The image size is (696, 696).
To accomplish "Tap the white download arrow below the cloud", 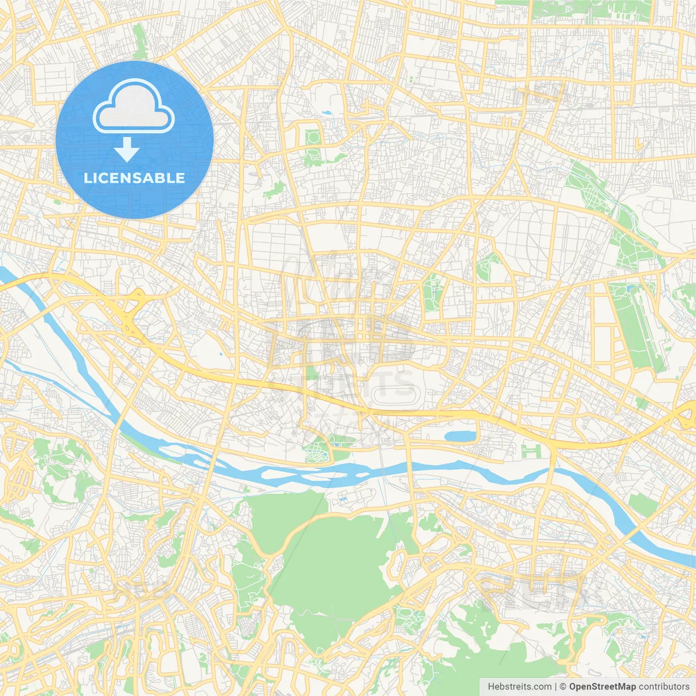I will click(127, 150).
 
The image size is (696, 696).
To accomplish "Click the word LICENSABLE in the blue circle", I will click(134, 178).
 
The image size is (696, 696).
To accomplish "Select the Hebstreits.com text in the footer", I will click(519, 687).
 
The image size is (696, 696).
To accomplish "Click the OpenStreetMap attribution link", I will click(602, 687).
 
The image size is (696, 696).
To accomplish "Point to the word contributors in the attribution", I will click(664, 687).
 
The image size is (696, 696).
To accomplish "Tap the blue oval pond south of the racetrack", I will click(460, 436).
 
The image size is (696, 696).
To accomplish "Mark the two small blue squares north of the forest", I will click(343, 497).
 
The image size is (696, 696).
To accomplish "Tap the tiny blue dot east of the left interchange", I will click(220, 354).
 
